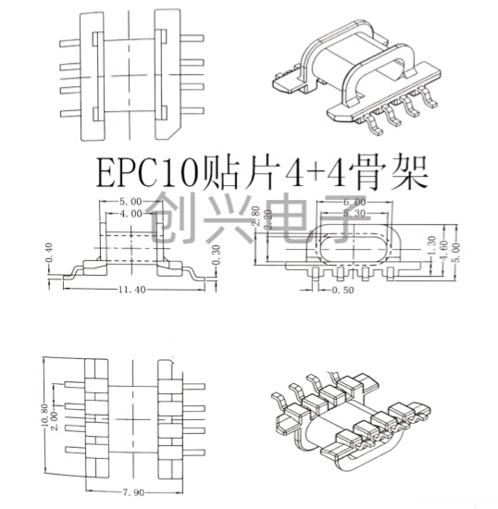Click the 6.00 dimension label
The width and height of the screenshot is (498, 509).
pos(355,201)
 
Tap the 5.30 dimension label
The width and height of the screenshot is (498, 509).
pos(355,213)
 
